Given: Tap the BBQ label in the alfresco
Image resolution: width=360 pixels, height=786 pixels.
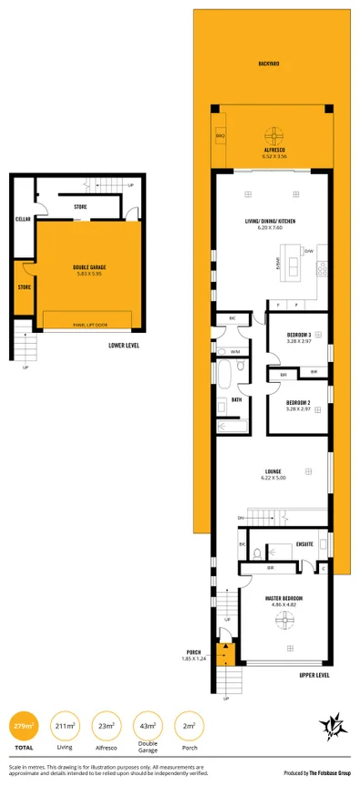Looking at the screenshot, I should (220, 135).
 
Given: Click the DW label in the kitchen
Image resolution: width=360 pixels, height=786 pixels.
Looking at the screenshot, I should (309, 251).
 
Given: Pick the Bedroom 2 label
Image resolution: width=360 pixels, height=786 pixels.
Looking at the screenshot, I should (299, 402).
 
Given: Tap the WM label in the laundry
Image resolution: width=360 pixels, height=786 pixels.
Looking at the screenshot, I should (234, 351).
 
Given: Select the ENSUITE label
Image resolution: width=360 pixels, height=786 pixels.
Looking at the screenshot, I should (305, 544).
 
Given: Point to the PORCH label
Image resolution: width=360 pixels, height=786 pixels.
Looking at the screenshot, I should (193, 652).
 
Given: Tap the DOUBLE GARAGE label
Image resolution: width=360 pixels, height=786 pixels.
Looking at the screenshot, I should (89, 268).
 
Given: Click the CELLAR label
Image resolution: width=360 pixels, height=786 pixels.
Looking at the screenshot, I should (23, 220).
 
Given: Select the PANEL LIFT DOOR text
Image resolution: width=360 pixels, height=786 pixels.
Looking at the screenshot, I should (88, 324).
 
